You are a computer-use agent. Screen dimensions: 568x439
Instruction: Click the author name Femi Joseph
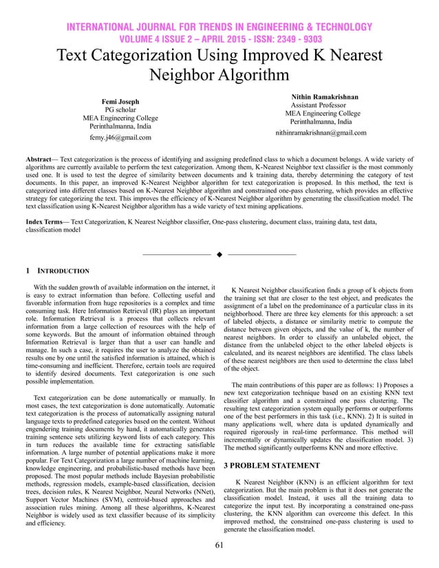pos(120,101)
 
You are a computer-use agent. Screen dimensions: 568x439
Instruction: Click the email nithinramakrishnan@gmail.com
pos(321,132)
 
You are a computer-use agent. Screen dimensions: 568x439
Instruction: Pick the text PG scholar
pos(120,109)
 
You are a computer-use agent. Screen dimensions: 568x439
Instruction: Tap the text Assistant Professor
pos(321,105)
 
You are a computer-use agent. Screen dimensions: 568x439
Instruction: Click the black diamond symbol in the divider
pos(219,255)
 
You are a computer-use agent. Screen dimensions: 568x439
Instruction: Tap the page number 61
pos(219,545)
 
